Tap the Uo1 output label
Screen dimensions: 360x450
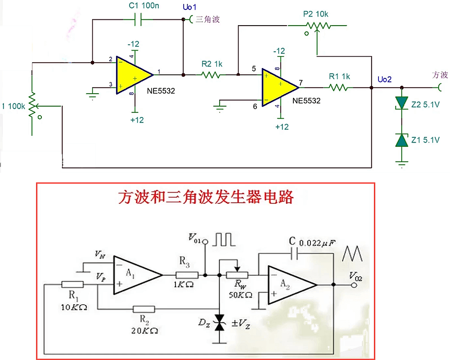coord(189,8)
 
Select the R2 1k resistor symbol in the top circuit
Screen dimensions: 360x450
coord(211,75)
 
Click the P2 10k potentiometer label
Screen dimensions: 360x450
coord(315,14)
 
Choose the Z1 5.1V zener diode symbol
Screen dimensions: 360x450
coord(401,140)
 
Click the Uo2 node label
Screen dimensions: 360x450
coord(385,79)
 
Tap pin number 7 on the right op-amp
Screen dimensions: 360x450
coord(301,83)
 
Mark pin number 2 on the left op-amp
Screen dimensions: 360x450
coord(110,59)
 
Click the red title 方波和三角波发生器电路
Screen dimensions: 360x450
coord(206,197)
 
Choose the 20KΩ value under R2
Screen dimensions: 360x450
coord(144,330)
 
